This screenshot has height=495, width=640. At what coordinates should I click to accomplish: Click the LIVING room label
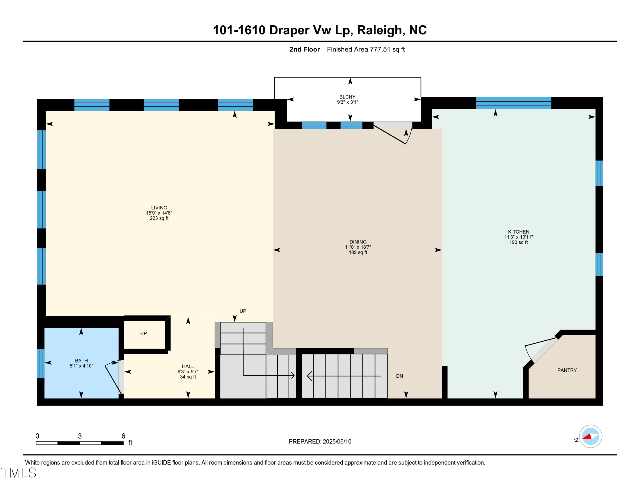[159, 208]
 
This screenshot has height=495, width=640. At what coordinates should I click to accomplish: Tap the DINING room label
[358, 242]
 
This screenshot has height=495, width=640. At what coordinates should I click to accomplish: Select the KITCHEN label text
[518, 232]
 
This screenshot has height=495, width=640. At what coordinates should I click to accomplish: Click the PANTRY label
[567, 370]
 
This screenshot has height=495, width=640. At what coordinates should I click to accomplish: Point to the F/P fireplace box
[143, 334]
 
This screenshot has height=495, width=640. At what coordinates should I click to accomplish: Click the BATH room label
[81, 361]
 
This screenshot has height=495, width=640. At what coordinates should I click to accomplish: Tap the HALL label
[188, 367]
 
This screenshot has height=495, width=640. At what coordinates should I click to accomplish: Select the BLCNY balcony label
[347, 97]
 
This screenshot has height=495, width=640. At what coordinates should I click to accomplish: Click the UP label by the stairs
[243, 311]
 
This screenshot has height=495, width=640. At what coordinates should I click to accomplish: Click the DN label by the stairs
[399, 376]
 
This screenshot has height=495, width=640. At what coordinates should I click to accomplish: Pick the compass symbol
[590, 436]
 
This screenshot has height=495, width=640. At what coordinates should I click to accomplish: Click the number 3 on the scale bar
[80, 436]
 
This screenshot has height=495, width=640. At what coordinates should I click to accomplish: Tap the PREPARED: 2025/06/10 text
[320, 442]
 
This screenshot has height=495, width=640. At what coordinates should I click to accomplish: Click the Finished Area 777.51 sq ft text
[366, 49]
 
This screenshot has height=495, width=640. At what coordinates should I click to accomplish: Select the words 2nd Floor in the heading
[305, 49]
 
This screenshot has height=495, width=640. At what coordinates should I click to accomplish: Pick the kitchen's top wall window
[513, 103]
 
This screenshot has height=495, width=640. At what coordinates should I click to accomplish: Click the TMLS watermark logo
[19, 473]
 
